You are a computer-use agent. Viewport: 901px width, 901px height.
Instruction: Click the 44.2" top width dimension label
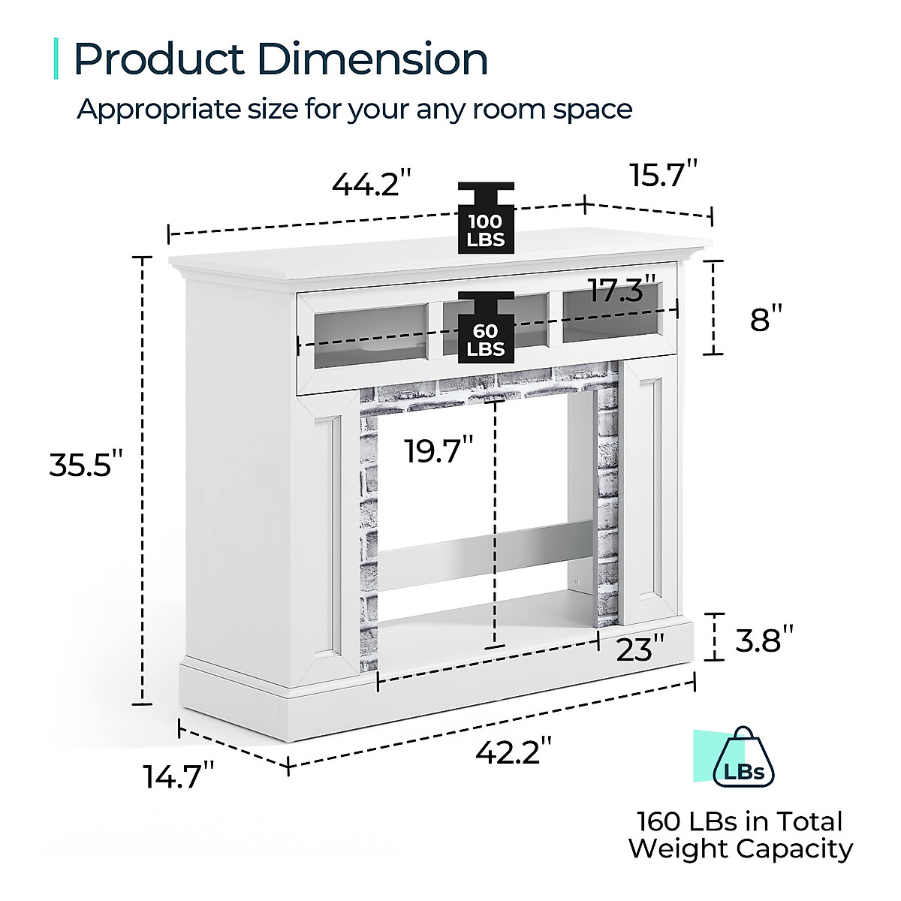372,184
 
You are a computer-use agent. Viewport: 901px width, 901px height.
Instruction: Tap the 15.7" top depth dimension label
664,174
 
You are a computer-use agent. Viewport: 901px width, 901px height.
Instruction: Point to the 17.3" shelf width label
622,290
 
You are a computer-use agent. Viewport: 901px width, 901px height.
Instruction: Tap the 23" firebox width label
640,649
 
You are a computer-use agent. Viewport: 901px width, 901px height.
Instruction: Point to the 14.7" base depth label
179,776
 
